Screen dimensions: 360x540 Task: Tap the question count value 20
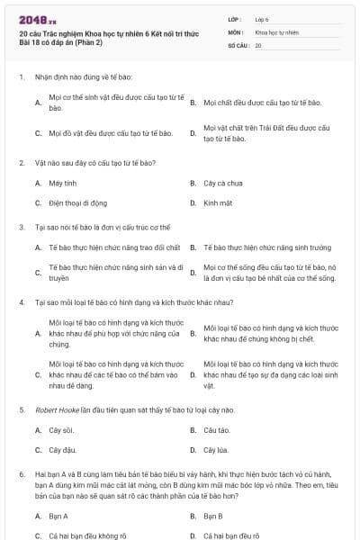(258, 45)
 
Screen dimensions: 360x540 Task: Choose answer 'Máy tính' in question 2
(62, 183)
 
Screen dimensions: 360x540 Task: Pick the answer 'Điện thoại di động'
(77, 202)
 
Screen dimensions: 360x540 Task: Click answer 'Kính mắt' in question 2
(218, 202)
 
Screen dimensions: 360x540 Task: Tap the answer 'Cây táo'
(217, 429)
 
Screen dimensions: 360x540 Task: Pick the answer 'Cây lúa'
(216, 449)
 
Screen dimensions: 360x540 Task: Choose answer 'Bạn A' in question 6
(58, 516)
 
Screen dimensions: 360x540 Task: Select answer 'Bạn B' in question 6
(213, 516)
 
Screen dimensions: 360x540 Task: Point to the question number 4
(21, 302)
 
